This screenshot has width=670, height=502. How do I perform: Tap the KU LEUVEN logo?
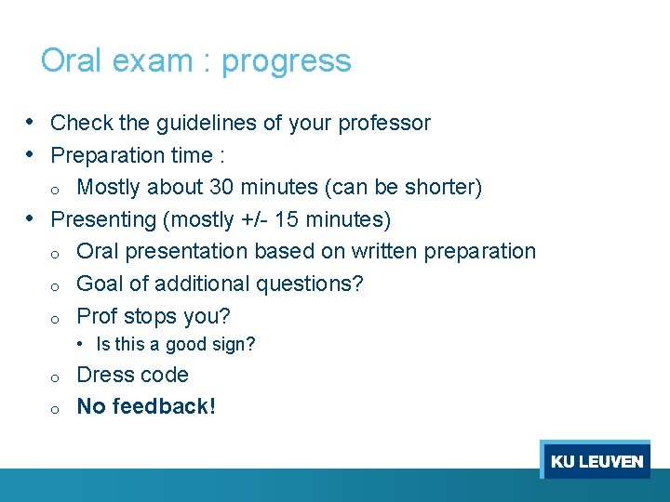point(596,461)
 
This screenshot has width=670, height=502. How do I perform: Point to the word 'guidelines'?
point(181,123)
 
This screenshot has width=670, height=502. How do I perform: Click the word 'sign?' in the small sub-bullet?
point(234,344)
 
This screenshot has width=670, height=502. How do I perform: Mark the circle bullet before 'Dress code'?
point(56,376)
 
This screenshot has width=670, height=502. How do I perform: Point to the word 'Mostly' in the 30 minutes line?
point(108,187)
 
